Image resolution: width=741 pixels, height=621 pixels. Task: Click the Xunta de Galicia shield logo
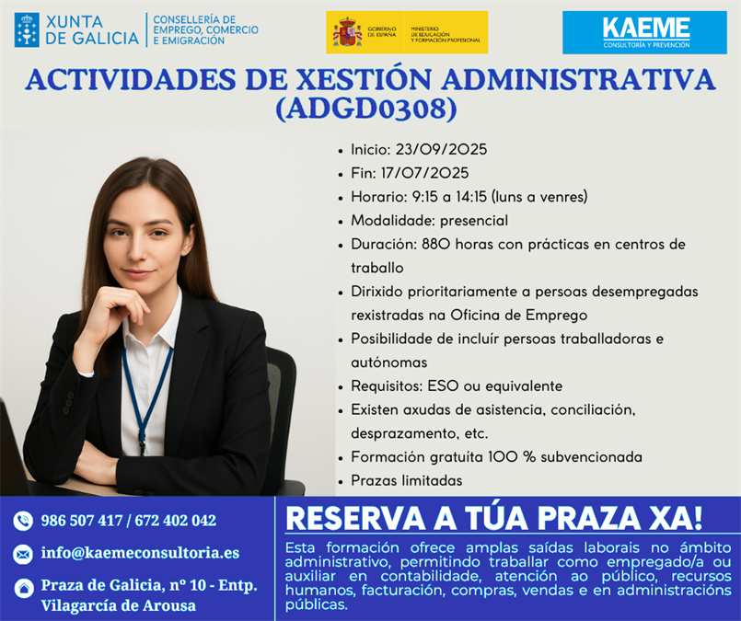(x=27, y=29)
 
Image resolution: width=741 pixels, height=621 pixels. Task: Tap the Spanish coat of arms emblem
(x=347, y=32)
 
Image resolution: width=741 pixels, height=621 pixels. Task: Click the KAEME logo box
(x=644, y=32)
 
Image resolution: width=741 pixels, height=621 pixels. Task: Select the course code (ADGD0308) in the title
(x=366, y=109)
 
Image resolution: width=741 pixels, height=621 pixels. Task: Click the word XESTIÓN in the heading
(x=364, y=79)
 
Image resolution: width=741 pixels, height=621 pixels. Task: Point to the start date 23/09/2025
(x=441, y=150)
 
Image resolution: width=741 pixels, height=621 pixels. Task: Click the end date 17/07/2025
(x=425, y=173)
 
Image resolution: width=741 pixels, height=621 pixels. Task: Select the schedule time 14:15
(x=471, y=197)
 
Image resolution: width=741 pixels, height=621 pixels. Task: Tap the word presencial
(x=474, y=221)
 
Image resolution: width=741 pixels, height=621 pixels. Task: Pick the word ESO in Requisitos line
(x=443, y=385)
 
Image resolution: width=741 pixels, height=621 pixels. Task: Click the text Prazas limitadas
(x=407, y=480)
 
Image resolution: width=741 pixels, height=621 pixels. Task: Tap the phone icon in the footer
(x=23, y=521)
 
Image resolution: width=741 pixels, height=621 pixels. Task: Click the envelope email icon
(x=23, y=554)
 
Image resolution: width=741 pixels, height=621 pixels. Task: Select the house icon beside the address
(x=23, y=588)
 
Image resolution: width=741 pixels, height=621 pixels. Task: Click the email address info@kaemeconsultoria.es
(x=140, y=553)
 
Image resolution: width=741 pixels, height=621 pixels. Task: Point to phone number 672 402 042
(x=175, y=521)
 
